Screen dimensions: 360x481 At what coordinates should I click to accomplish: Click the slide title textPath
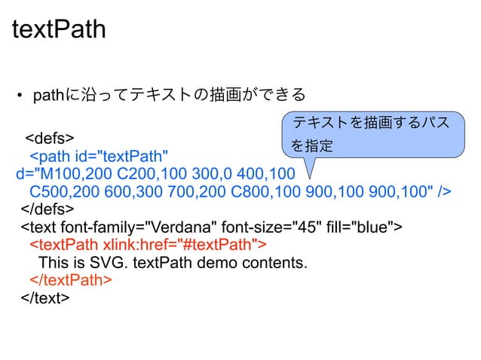60,30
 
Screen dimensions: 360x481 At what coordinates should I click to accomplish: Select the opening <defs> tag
50,139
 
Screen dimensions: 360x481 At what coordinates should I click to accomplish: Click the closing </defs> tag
47,209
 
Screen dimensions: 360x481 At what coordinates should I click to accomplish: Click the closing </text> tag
46,297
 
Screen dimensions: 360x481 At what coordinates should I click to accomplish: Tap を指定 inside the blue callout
312,146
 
